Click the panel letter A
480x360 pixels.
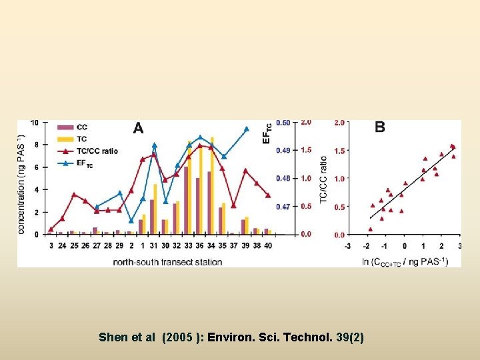(x=138, y=128)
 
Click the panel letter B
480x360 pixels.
(x=380, y=127)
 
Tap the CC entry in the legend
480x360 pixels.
(x=81, y=127)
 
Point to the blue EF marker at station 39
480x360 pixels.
(x=246, y=129)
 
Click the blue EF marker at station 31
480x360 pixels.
(x=154, y=145)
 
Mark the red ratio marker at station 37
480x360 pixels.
(x=233, y=205)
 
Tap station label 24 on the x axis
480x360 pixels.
(x=62, y=246)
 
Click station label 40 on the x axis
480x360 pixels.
(x=268, y=246)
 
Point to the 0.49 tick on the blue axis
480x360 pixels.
(x=283, y=151)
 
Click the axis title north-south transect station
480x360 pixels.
(x=167, y=262)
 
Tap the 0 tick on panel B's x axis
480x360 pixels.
(x=404, y=246)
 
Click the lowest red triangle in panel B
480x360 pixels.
(x=371, y=229)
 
